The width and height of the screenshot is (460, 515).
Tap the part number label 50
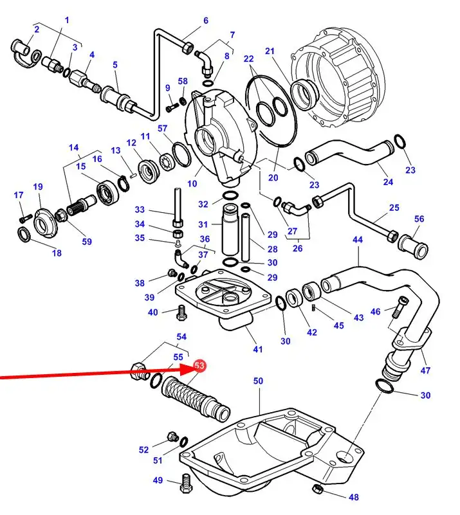coord(258,381)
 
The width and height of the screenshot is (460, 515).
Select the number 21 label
coord(270,51)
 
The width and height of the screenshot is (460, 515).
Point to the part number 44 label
coord(358,239)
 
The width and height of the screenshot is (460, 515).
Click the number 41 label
coord(258,350)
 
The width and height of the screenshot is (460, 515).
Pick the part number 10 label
coord(192,183)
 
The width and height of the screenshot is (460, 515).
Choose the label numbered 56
coord(419,219)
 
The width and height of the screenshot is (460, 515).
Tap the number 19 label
coord(38,187)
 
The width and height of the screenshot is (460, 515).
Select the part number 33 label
coord(140,210)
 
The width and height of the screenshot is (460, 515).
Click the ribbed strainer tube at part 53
coord(194,397)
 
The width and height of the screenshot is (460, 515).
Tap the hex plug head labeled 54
coord(137,370)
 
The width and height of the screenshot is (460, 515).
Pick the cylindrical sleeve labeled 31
coord(230,230)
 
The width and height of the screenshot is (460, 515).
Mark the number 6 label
coord(206,21)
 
